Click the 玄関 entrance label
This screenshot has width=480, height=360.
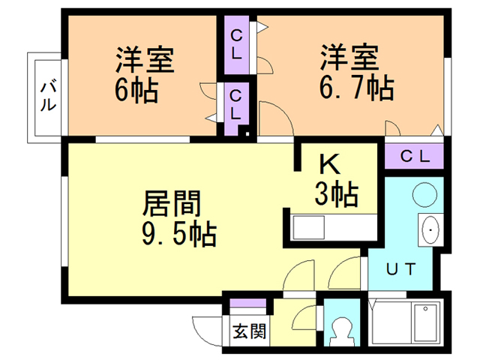[x=250, y=331]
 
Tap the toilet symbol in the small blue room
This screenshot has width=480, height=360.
[x=341, y=331]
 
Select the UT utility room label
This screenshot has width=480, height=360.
[x=400, y=269]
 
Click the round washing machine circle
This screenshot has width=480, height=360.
[x=424, y=195]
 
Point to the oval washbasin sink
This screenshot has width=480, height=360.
[x=430, y=229]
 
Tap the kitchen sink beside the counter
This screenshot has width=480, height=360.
[x=308, y=227]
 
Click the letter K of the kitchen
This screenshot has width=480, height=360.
[x=330, y=163]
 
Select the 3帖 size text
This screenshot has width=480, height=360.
[x=337, y=193]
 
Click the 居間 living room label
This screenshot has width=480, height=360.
[x=172, y=203]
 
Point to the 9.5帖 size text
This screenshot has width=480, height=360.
[x=179, y=234]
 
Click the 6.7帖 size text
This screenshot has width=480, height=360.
[x=357, y=88]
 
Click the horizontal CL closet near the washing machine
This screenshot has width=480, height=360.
[x=414, y=156]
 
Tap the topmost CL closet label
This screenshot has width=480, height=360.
[x=236, y=45]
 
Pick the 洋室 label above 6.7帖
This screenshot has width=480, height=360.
[x=350, y=58]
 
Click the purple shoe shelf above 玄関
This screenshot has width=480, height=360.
[x=248, y=303]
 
